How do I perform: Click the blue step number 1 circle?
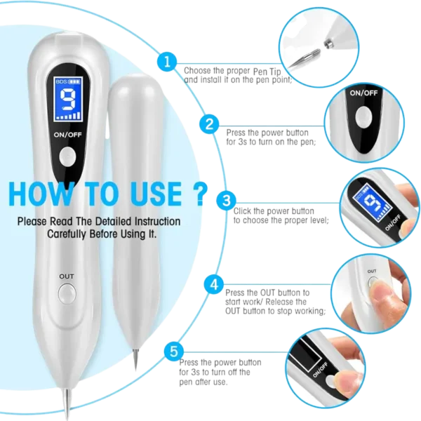(x=167, y=62)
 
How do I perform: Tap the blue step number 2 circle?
(x=209, y=124)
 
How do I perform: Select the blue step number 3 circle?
(x=227, y=200)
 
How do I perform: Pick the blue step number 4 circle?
(x=214, y=284)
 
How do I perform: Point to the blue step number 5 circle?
(x=174, y=352)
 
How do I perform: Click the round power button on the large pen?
(x=67, y=156)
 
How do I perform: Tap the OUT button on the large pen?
(x=67, y=294)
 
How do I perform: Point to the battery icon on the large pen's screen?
(x=74, y=81)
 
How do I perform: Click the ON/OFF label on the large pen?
(x=67, y=135)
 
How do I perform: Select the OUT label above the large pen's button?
(x=67, y=276)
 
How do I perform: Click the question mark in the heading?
(x=200, y=194)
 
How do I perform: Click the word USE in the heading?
(x=157, y=194)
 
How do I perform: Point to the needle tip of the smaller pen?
(x=135, y=360)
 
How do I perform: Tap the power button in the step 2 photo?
(x=363, y=117)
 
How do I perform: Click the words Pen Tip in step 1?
(x=267, y=72)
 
